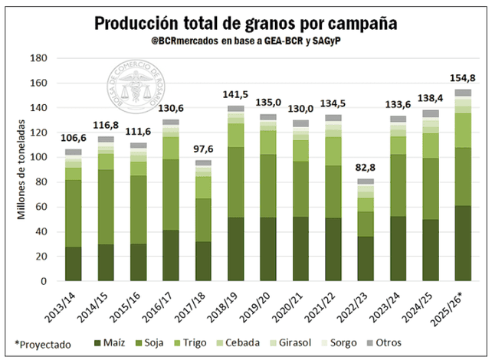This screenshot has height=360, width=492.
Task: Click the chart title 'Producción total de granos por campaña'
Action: coord(246,23)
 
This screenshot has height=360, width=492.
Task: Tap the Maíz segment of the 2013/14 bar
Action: coord(73,263)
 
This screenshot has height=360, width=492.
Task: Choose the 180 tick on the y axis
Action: coord(39,58)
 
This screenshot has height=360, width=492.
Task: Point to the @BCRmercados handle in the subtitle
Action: coord(185,41)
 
